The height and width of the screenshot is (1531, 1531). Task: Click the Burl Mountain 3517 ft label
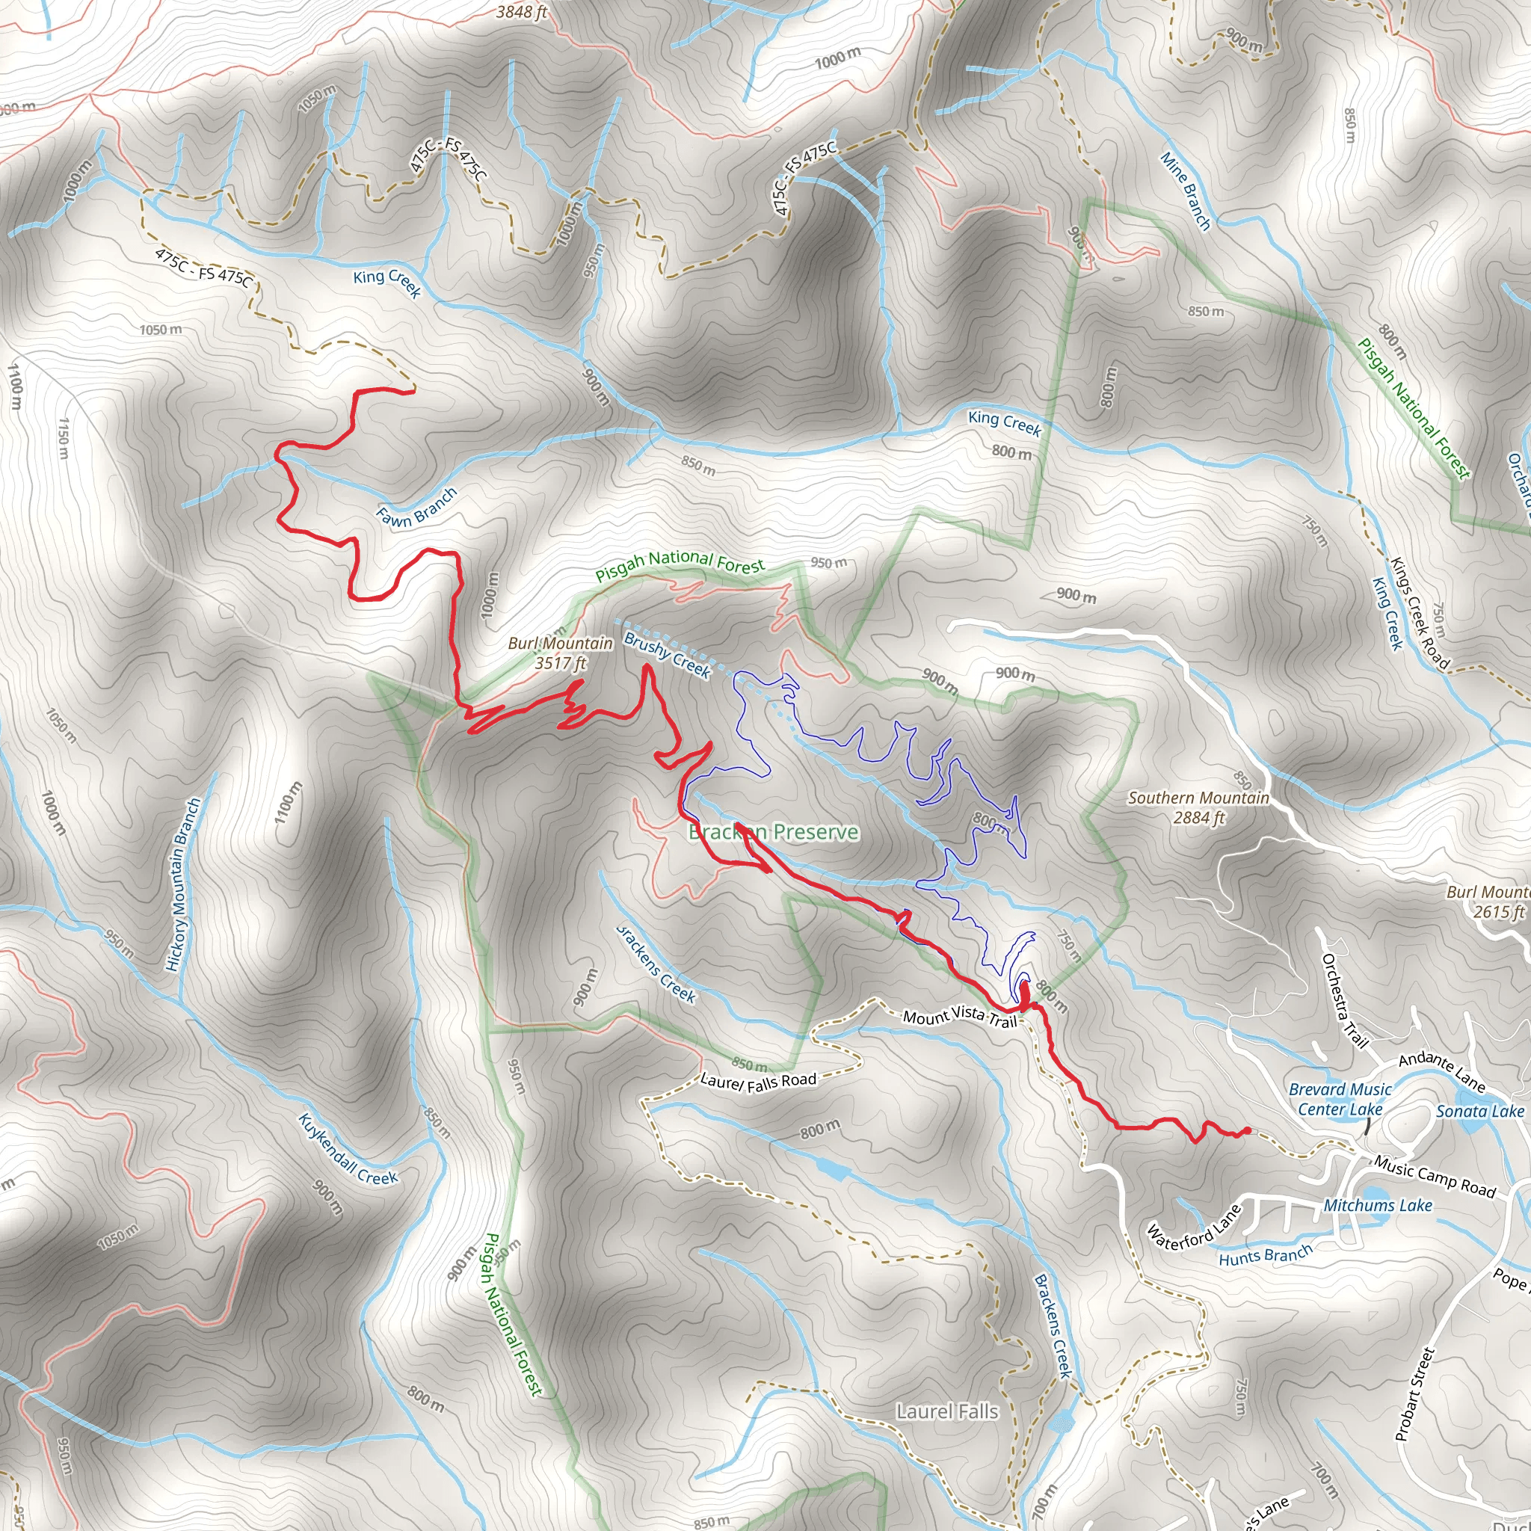[560, 653]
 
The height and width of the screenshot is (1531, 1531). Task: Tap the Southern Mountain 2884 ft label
[1198, 807]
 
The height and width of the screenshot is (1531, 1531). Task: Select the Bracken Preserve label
[774, 832]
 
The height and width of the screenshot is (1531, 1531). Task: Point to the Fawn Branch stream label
[417, 507]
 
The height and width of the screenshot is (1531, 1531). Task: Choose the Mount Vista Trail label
[960, 1017]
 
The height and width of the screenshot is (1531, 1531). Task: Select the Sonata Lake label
[1479, 1112]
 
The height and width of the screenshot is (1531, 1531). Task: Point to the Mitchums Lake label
[1378, 1205]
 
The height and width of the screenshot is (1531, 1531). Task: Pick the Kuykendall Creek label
[348, 1150]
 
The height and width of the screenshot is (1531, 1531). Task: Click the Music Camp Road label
[1435, 1177]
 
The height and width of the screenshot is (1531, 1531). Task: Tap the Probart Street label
[1415, 1394]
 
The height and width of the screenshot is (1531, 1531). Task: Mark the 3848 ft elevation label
[522, 12]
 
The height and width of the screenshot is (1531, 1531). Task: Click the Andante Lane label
[1441, 1071]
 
